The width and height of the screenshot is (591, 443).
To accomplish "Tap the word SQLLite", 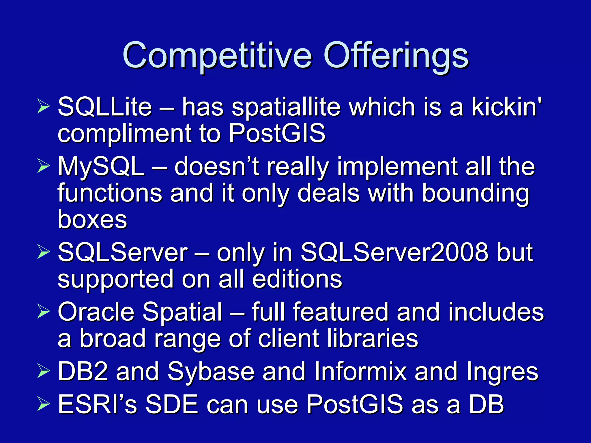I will pos(105,107).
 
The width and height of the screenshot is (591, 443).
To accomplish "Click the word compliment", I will pos(124,134).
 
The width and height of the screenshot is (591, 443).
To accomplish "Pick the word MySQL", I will pos(101,167).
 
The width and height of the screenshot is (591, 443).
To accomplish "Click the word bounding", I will pos(475,194).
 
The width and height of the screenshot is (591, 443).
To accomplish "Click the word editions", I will pos(297,279).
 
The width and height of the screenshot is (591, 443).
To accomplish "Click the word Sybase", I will pos(211,372).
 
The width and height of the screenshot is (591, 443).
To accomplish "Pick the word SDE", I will pos(172,404).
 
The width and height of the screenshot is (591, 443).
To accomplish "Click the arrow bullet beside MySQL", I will pos(44,167).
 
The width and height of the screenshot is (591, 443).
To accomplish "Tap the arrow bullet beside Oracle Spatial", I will pos(44,312).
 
